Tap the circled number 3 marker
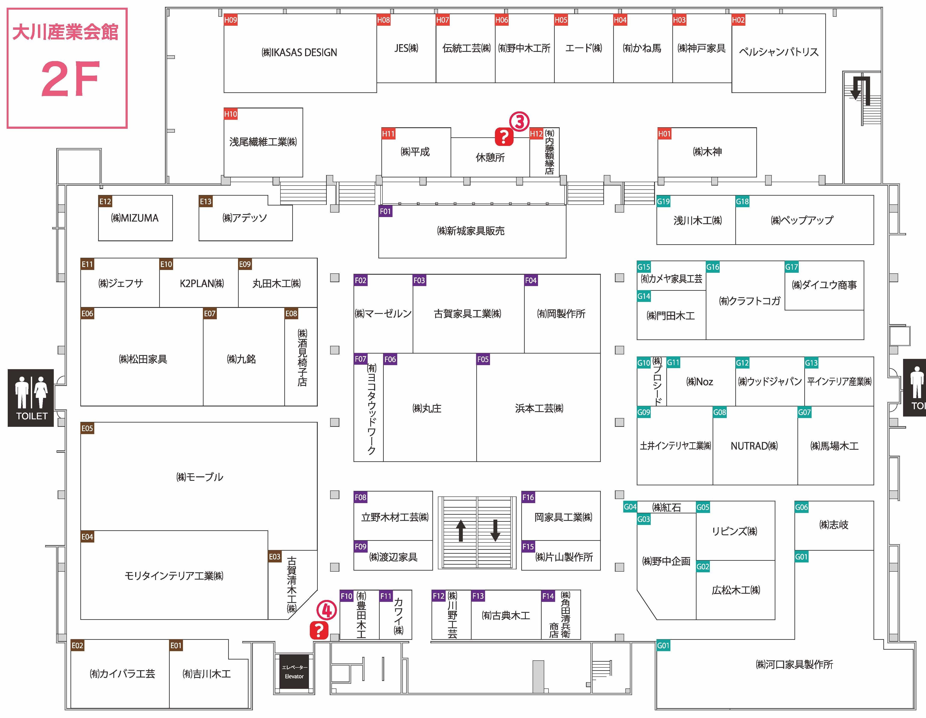(520, 122)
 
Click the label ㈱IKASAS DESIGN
(299, 52)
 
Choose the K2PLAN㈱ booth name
(202, 283)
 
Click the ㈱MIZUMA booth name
(135, 218)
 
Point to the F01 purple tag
(385, 211)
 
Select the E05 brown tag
(87, 428)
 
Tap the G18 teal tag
(742, 201)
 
